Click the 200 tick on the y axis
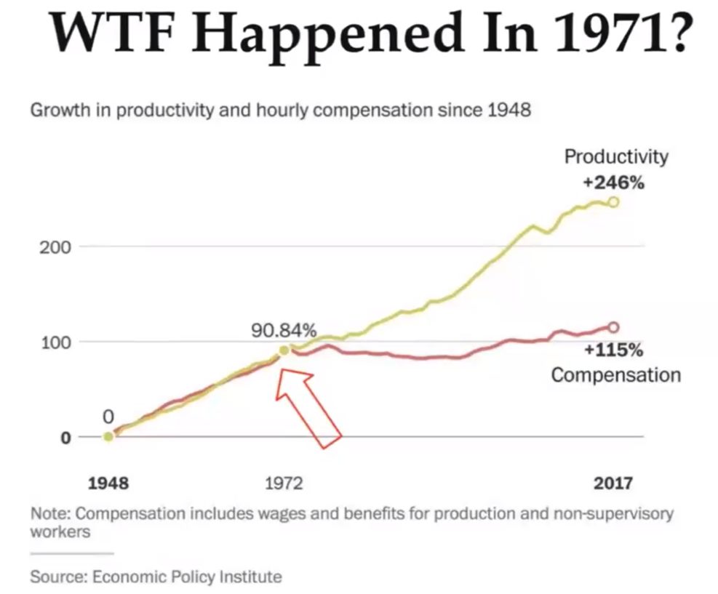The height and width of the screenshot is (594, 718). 56,246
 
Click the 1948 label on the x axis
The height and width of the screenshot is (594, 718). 108,483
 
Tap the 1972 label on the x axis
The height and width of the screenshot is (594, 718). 284,483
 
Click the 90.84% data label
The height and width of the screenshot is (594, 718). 284,331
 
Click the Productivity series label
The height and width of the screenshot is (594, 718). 615,156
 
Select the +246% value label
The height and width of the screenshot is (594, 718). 614,182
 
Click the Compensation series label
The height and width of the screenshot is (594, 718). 615,375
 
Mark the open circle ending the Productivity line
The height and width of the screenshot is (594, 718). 614,201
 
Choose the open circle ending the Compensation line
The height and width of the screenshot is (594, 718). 613,327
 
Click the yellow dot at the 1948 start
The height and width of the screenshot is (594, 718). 108,436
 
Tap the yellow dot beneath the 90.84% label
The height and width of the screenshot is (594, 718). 284,351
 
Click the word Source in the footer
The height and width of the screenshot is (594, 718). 53,577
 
